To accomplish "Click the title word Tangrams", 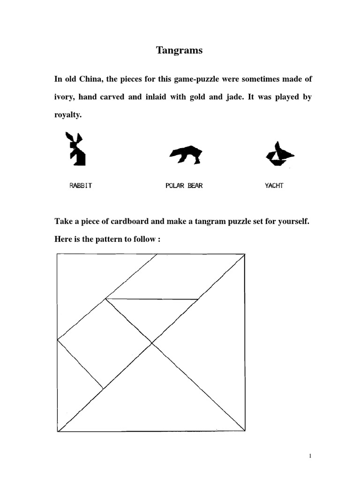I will [x=180, y=51].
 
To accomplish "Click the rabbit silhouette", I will [x=76, y=149].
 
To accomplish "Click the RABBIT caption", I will [x=81, y=186].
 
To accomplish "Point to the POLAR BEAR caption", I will [x=184, y=186].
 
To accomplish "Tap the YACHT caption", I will [x=274, y=186].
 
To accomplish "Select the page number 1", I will [x=310, y=456].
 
